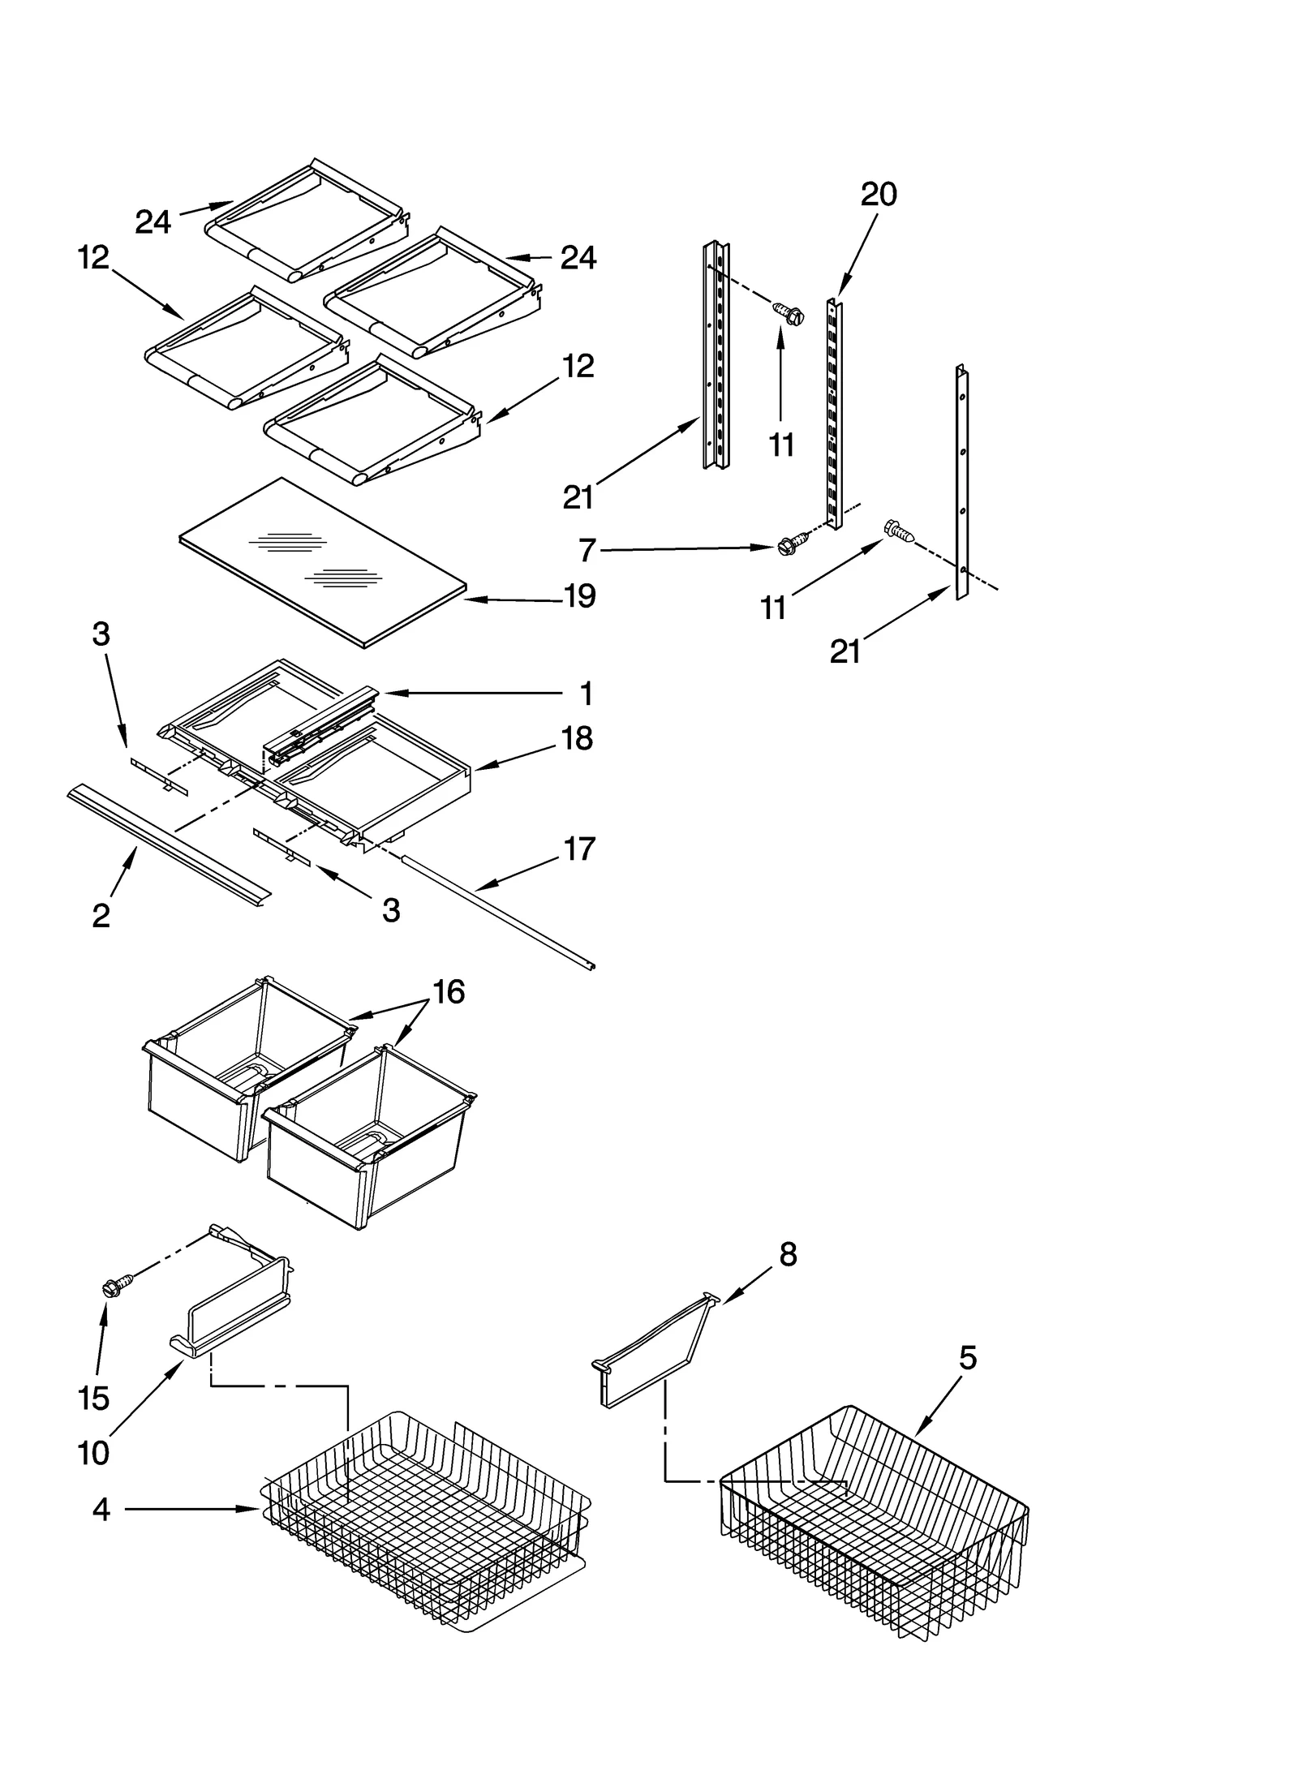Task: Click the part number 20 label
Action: click(x=879, y=195)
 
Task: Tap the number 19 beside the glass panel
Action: click(x=579, y=596)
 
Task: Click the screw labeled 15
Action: click(x=115, y=1286)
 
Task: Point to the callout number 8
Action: click(x=788, y=1254)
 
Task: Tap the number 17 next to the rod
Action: click(x=579, y=849)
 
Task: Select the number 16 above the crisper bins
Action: click(x=449, y=991)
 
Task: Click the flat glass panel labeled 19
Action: click(x=324, y=564)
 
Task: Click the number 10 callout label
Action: click(x=93, y=1453)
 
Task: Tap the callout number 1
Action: click(x=586, y=694)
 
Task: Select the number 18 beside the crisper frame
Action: click(x=577, y=738)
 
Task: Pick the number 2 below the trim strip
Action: click(x=101, y=915)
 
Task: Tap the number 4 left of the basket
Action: click(x=101, y=1510)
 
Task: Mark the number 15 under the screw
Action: click(x=93, y=1398)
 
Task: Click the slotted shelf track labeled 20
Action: click(x=832, y=414)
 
